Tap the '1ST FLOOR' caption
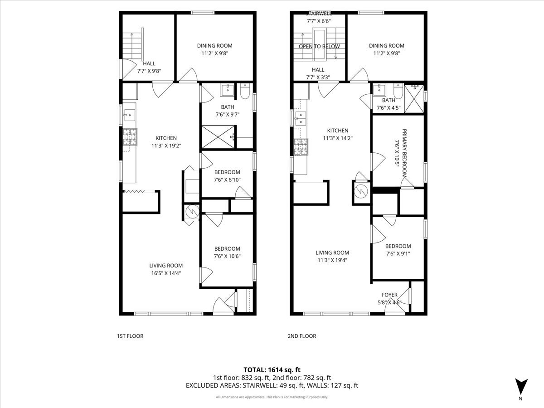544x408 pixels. click(130, 336)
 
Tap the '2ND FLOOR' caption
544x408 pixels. click(301, 336)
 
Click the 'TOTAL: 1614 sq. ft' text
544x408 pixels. click(272, 369)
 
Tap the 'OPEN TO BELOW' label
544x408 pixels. click(319, 47)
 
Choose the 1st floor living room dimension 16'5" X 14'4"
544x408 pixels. click(166, 273)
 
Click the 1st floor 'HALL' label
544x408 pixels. click(149, 63)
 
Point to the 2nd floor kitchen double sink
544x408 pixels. click(300, 120)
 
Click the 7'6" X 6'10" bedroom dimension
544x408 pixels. click(227, 180)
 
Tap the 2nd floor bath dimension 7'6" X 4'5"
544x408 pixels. click(389, 108)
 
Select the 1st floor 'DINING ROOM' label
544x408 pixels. click(214, 45)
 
